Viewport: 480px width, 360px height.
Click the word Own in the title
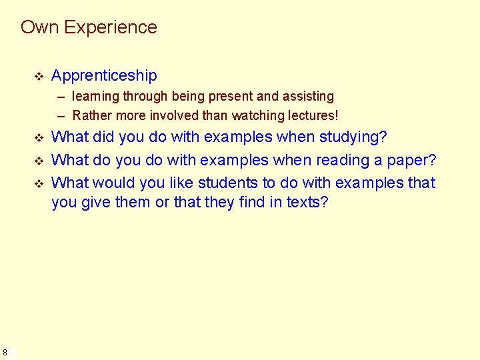pos(40,27)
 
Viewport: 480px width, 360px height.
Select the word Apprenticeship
pos(104,75)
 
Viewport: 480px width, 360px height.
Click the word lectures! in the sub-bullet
pos(313,115)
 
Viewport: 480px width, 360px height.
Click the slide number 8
pos(5,352)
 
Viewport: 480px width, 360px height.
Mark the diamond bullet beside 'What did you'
pos(38,138)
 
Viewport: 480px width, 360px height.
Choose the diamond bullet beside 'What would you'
pos(38,183)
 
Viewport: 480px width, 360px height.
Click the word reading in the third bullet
pos(359,160)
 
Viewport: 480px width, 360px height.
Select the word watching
pos(253,115)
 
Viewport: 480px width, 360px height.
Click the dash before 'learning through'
pos(61,97)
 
